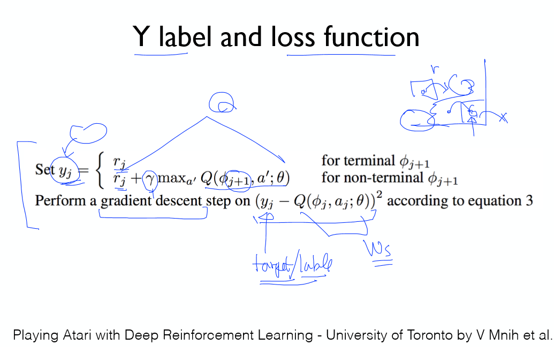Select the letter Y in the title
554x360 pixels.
(x=142, y=37)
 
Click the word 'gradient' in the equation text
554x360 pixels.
(x=124, y=201)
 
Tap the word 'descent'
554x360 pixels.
(x=178, y=201)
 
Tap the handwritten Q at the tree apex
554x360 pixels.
(x=221, y=102)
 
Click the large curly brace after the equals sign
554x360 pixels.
(x=100, y=171)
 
